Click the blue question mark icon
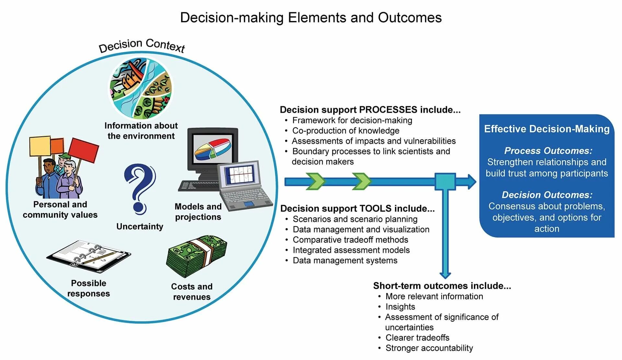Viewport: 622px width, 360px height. [x=140, y=188]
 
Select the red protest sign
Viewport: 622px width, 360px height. [x=84, y=150]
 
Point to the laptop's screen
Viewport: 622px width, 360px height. [x=240, y=175]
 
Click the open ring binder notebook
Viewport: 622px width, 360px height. [x=88, y=256]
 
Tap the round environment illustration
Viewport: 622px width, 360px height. [x=141, y=88]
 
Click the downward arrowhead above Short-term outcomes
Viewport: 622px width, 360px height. [x=445, y=274]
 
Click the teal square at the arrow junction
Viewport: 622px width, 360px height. [x=445, y=181]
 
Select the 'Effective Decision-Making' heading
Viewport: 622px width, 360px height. [x=547, y=129]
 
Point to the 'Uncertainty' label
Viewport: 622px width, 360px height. [x=140, y=226]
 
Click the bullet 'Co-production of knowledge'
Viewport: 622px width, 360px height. [x=346, y=131]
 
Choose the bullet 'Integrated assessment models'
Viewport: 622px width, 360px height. [x=351, y=250]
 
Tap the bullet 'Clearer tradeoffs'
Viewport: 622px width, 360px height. [x=417, y=338]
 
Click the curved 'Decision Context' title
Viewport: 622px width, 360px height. [x=142, y=45]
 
